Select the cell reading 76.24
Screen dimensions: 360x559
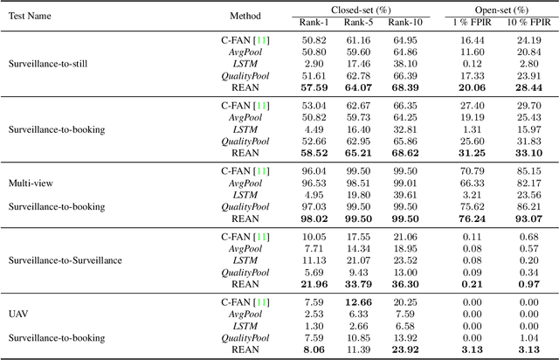469,219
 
